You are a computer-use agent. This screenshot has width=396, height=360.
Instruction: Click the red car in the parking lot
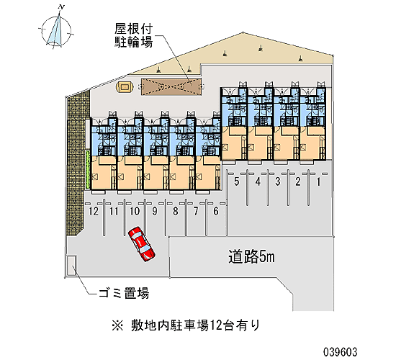click(x=141, y=243)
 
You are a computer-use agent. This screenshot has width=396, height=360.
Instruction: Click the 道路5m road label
click(x=251, y=256)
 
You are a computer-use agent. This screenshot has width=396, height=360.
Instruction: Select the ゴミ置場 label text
click(x=124, y=293)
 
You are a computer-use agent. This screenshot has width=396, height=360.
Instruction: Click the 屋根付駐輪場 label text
click(x=134, y=35)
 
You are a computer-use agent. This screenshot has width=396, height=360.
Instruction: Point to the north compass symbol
click(x=56, y=31)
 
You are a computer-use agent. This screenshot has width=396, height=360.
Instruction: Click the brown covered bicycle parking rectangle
click(x=171, y=87)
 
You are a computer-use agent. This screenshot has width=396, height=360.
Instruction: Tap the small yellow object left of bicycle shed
click(x=124, y=87)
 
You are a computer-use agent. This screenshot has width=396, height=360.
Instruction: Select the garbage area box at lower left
click(x=71, y=266)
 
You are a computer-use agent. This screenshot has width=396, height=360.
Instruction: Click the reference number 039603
click(x=341, y=351)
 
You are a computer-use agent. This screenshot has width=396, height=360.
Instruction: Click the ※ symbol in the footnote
click(x=117, y=325)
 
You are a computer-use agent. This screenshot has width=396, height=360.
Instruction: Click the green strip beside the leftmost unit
click(x=87, y=169)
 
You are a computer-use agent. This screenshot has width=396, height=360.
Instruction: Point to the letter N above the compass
click(x=61, y=7)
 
